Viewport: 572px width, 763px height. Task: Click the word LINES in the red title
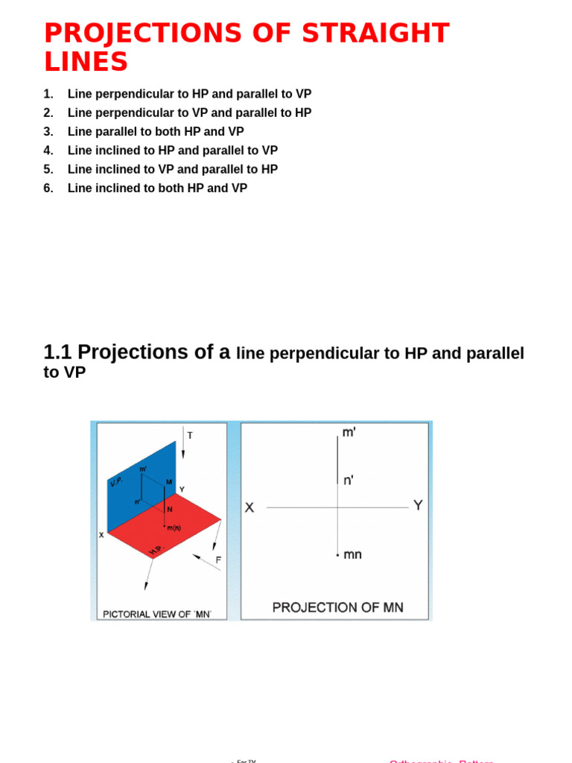(86, 63)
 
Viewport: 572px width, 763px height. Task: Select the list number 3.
(48, 132)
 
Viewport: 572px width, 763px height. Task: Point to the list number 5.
(48, 170)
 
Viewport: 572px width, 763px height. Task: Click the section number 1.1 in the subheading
(57, 352)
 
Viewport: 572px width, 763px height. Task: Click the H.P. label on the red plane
(155, 550)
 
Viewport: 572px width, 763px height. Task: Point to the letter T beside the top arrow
(190, 435)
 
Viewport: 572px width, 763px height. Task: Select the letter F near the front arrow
(218, 560)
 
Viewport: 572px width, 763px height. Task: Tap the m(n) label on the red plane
(174, 528)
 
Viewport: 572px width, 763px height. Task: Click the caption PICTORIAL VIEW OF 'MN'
(157, 614)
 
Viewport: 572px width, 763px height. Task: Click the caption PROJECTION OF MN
(337, 608)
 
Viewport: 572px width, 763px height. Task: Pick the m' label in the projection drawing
(349, 433)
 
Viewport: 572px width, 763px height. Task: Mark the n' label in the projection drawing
(348, 481)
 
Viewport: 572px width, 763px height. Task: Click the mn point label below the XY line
(352, 554)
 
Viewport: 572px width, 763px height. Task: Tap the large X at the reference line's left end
(250, 507)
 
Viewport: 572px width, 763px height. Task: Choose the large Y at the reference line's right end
(418, 505)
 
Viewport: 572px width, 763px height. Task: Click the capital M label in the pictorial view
(169, 482)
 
